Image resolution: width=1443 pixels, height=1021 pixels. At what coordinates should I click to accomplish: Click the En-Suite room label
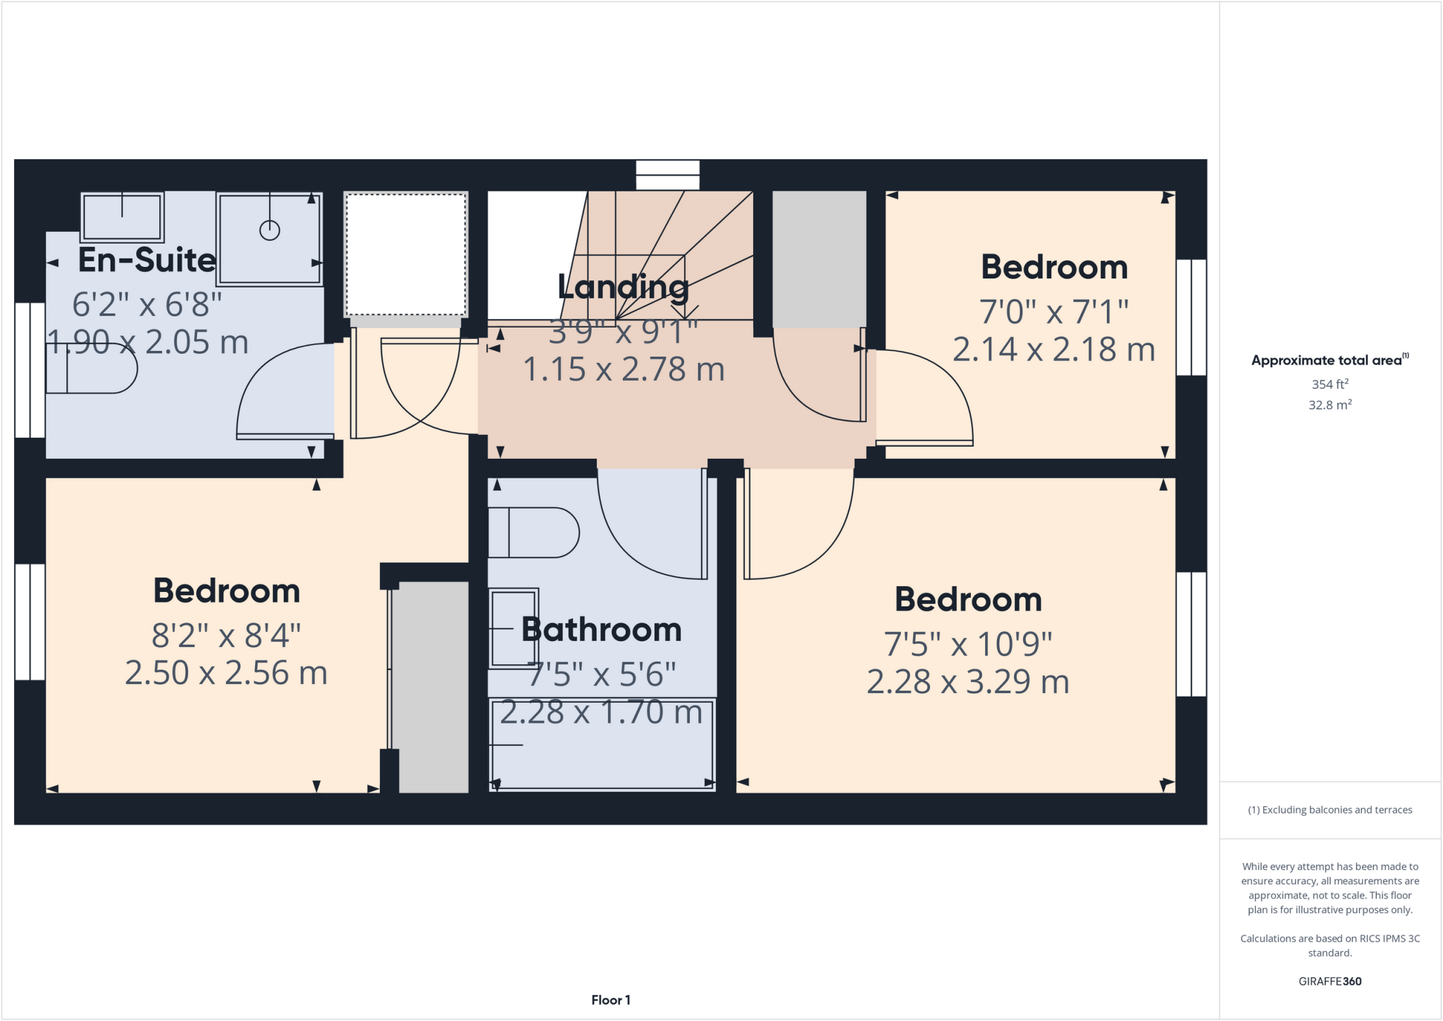coord(147,260)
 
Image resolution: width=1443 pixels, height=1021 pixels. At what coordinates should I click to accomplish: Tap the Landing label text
coord(623,287)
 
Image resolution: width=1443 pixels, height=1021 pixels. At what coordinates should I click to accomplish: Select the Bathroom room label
coord(601,629)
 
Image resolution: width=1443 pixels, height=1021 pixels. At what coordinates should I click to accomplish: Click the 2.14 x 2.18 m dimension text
coord(1053,349)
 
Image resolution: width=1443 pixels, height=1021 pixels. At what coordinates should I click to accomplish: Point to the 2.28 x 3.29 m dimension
coord(967,682)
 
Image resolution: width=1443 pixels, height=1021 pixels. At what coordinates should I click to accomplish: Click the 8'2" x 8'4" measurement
coord(226,636)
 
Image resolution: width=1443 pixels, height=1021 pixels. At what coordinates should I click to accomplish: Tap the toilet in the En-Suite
coord(92,368)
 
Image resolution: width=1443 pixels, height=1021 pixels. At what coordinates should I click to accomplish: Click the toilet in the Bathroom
coord(533,533)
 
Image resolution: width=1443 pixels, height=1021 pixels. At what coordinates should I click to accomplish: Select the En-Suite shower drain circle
coord(270,230)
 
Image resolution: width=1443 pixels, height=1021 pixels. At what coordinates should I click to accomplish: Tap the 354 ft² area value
coord(1330,384)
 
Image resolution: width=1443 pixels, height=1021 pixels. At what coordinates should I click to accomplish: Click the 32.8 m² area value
coord(1330,405)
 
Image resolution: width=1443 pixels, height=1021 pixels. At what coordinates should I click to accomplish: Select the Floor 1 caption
coord(610,1000)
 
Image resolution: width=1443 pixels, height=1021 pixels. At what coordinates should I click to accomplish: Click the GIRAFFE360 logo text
coord(1330,981)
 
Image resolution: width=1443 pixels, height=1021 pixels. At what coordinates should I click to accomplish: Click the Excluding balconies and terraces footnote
coord(1330,810)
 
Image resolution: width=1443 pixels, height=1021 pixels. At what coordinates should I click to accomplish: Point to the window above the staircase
coord(667,175)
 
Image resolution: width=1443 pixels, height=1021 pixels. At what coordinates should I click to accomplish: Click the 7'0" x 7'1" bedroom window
coord(1191,317)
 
